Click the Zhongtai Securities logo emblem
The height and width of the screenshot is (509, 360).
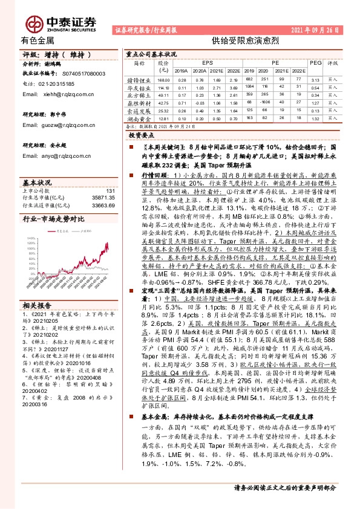point(34,23)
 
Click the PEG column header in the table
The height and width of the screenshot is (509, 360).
point(315,62)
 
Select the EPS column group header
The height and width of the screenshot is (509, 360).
point(208,62)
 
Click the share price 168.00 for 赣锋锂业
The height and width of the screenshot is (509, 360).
point(163,80)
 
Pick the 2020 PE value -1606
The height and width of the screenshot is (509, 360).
point(264,103)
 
